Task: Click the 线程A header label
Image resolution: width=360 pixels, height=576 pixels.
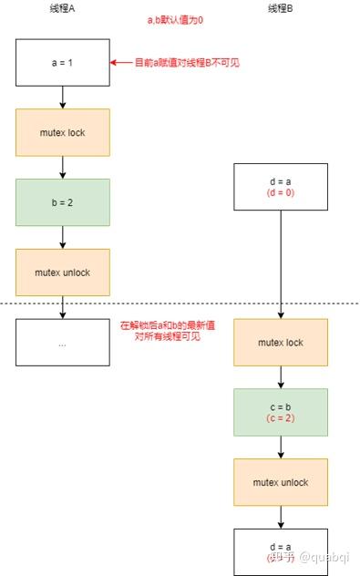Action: (62, 9)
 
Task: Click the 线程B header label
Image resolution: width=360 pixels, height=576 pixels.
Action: (280, 9)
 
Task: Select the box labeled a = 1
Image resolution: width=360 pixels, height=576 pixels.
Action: (62, 62)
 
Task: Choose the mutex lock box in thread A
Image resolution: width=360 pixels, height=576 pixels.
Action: (62, 132)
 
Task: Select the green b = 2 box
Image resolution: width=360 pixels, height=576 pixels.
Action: (62, 202)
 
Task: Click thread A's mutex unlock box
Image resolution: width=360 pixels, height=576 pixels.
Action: (62, 272)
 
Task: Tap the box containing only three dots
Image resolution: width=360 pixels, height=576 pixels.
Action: (62, 343)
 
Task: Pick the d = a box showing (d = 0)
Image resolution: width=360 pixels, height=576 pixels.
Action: (280, 187)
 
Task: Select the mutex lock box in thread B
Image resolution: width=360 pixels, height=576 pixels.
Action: (280, 343)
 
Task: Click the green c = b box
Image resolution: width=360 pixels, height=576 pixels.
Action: (280, 412)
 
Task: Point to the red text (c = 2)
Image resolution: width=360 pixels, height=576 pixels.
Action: (280, 418)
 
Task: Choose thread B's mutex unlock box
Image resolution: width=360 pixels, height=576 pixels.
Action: (280, 482)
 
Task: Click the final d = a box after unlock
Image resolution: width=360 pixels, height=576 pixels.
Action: (280, 551)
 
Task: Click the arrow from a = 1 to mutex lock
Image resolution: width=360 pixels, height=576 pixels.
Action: (62, 97)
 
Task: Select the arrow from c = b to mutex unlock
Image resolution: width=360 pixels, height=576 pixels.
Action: (280, 447)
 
